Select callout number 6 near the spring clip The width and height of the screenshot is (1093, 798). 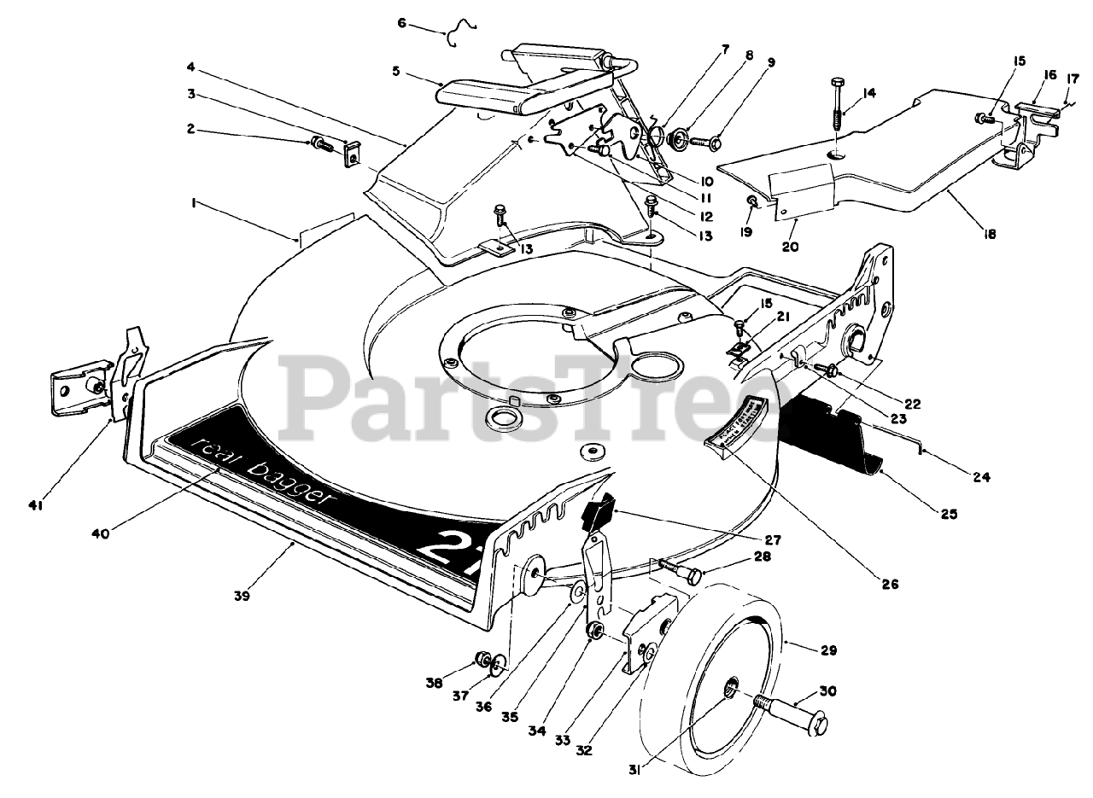tap(402, 24)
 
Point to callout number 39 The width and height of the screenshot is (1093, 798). tap(242, 597)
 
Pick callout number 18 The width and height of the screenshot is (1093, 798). tap(990, 232)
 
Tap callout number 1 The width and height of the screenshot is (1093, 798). tap(196, 203)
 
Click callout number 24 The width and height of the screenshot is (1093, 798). tap(981, 478)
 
